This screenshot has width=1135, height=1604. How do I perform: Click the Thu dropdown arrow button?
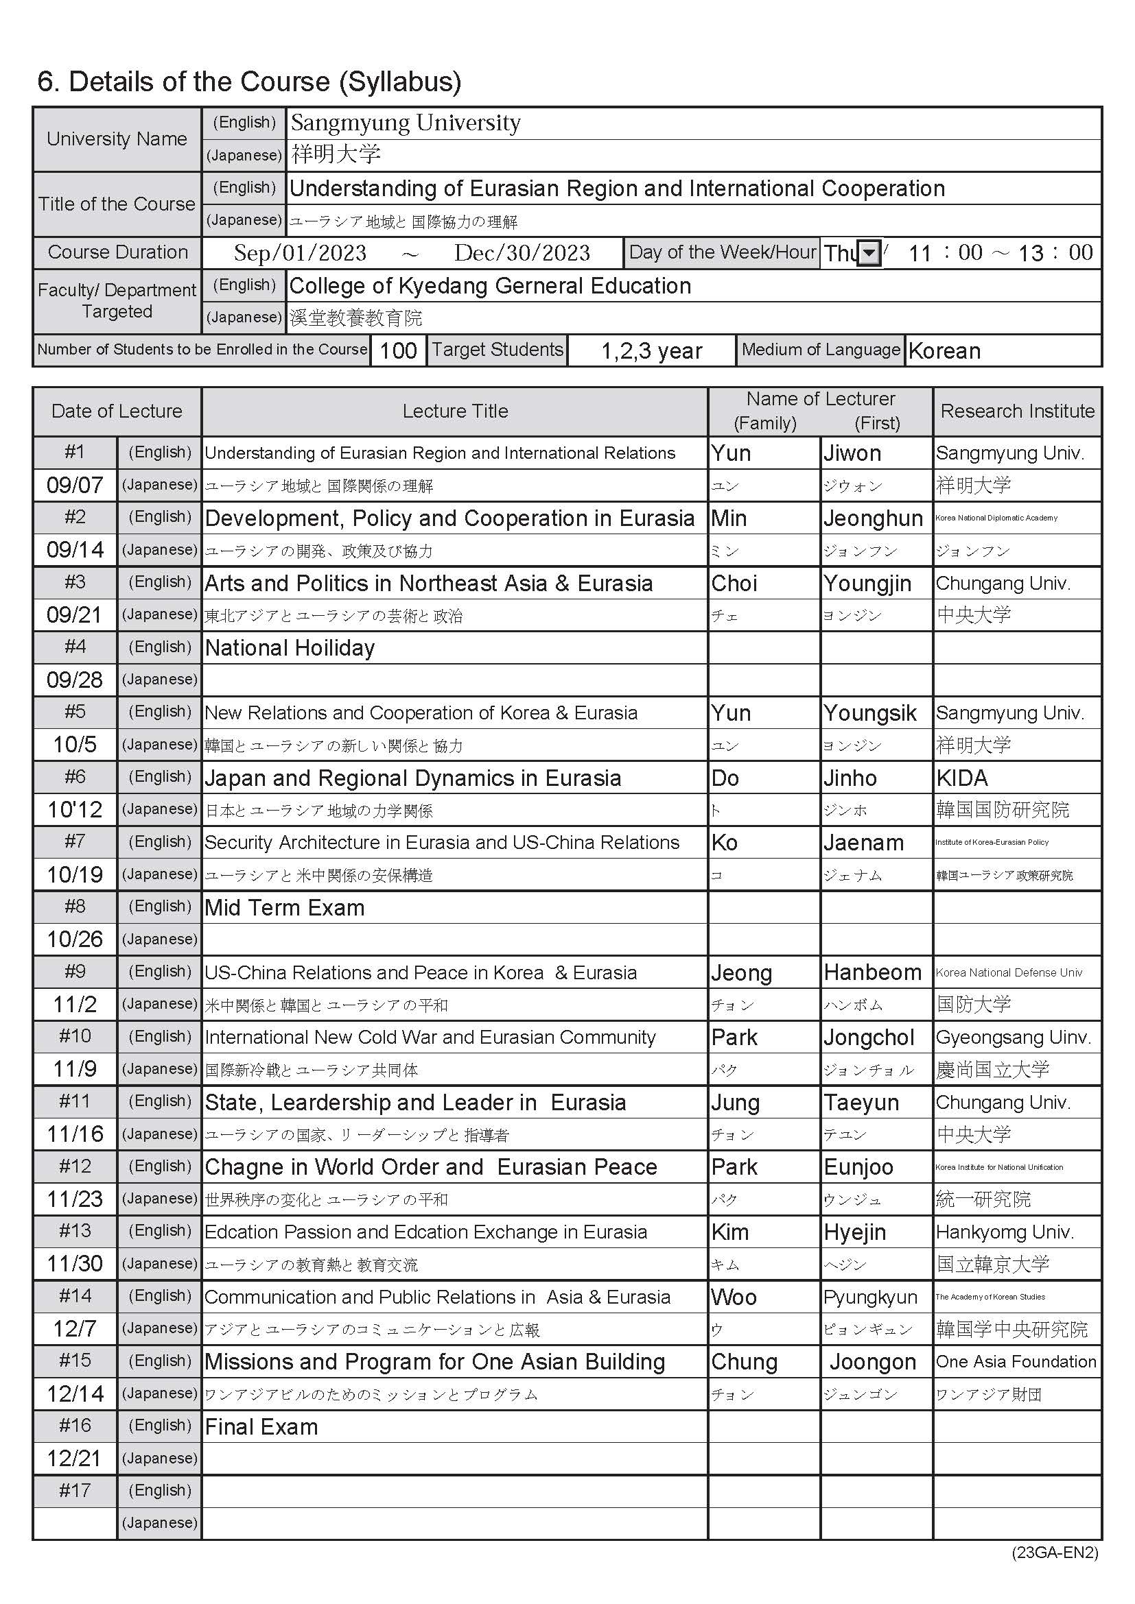(868, 253)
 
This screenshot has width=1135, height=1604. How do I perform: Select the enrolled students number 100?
(398, 350)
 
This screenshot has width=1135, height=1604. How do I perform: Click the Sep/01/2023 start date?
(300, 253)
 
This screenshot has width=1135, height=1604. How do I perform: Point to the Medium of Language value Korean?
(944, 350)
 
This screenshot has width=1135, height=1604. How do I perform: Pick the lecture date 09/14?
(75, 550)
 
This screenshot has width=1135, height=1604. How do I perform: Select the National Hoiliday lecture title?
(290, 648)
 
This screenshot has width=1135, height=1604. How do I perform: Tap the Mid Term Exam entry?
(285, 908)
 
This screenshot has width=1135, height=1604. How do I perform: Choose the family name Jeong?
(741, 973)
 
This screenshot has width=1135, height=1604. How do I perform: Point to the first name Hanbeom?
(872, 972)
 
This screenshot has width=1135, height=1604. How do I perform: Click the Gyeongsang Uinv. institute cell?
(1013, 1038)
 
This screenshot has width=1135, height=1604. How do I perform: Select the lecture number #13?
(75, 1231)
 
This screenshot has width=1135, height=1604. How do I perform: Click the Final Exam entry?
(261, 1426)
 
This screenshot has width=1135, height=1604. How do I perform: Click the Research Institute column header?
(1017, 411)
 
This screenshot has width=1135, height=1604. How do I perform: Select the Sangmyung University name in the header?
(406, 123)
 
